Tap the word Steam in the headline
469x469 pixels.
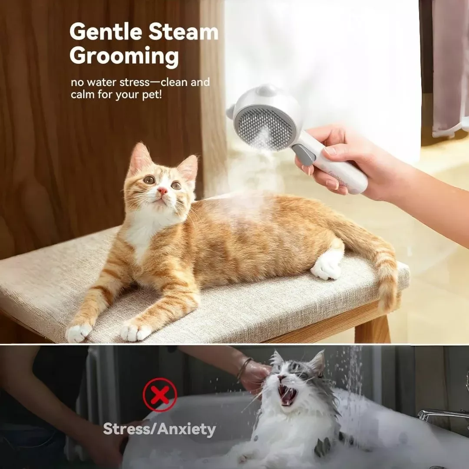click(184, 32)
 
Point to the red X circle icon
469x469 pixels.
click(160, 395)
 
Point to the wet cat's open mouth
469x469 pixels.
click(287, 394)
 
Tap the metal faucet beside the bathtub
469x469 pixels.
click(442, 415)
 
